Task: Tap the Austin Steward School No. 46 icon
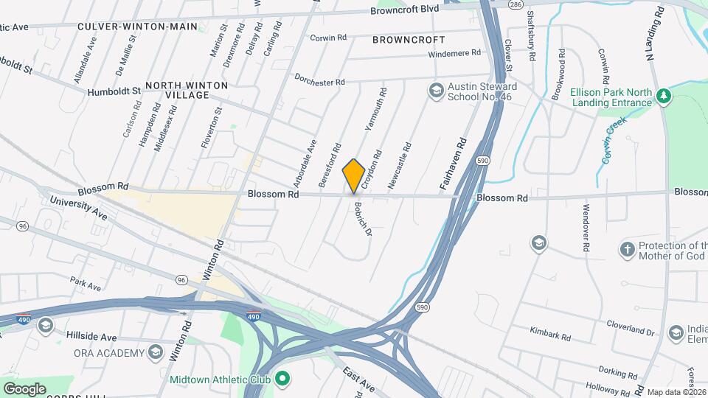[x=436, y=91]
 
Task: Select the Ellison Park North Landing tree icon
[x=664, y=95]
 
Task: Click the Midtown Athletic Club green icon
[x=281, y=380]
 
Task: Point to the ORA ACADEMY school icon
[x=156, y=353]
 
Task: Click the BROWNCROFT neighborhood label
[x=409, y=39]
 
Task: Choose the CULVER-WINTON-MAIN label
[x=138, y=26]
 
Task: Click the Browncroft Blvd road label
[x=405, y=9]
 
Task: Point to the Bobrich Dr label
[x=361, y=219]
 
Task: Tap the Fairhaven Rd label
[x=455, y=165]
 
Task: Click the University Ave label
[x=78, y=208]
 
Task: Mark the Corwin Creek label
[x=612, y=139]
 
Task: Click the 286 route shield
[x=516, y=4]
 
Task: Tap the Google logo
[x=24, y=388]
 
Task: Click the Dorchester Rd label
[x=319, y=80]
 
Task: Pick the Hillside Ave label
[x=91, y=336]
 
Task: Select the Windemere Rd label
[x=454, y=53]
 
